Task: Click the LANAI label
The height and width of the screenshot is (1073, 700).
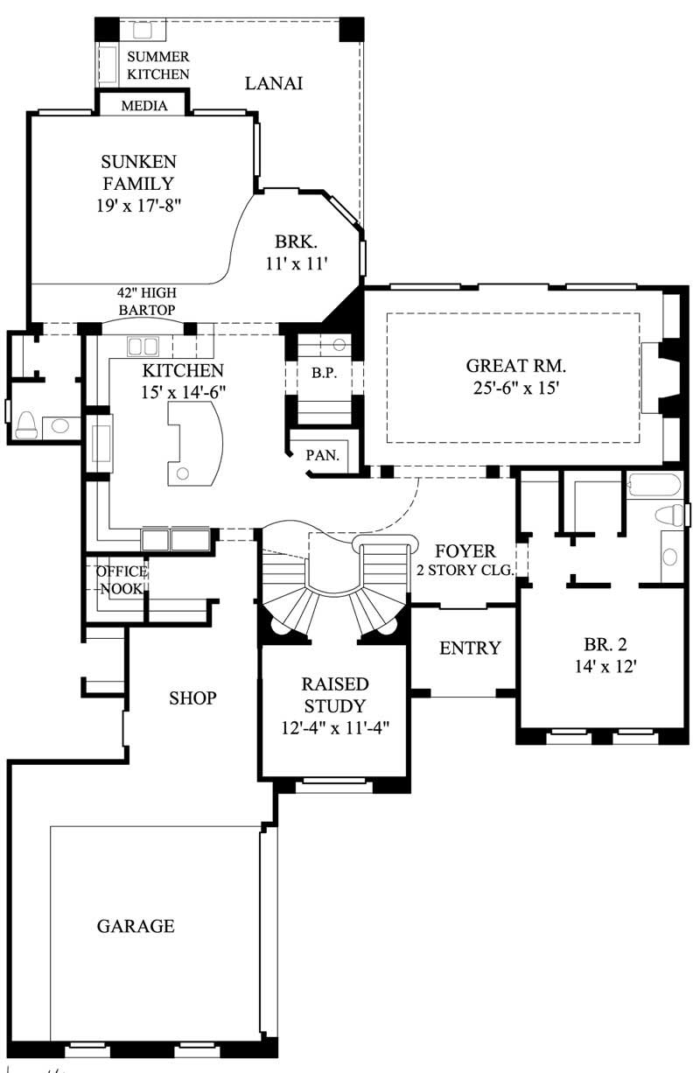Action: (x=273, y=84)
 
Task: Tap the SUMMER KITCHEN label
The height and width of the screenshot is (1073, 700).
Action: (x=157, y=66)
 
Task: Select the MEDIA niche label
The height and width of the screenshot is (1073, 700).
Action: (x=144, y=106)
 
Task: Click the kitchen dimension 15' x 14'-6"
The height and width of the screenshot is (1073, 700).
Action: (x=184, y=393)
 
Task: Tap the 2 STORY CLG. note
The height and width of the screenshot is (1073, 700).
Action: (x=465, y=570)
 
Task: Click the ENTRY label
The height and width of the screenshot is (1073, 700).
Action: (x=470, y=649)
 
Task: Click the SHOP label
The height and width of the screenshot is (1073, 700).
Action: (x=192, y=698)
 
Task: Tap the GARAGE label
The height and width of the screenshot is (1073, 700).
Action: (x=136, y=925)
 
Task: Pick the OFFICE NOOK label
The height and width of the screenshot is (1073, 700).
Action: (x=121, y=579)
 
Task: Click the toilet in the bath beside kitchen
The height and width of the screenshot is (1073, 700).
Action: (x=26, y=424)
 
